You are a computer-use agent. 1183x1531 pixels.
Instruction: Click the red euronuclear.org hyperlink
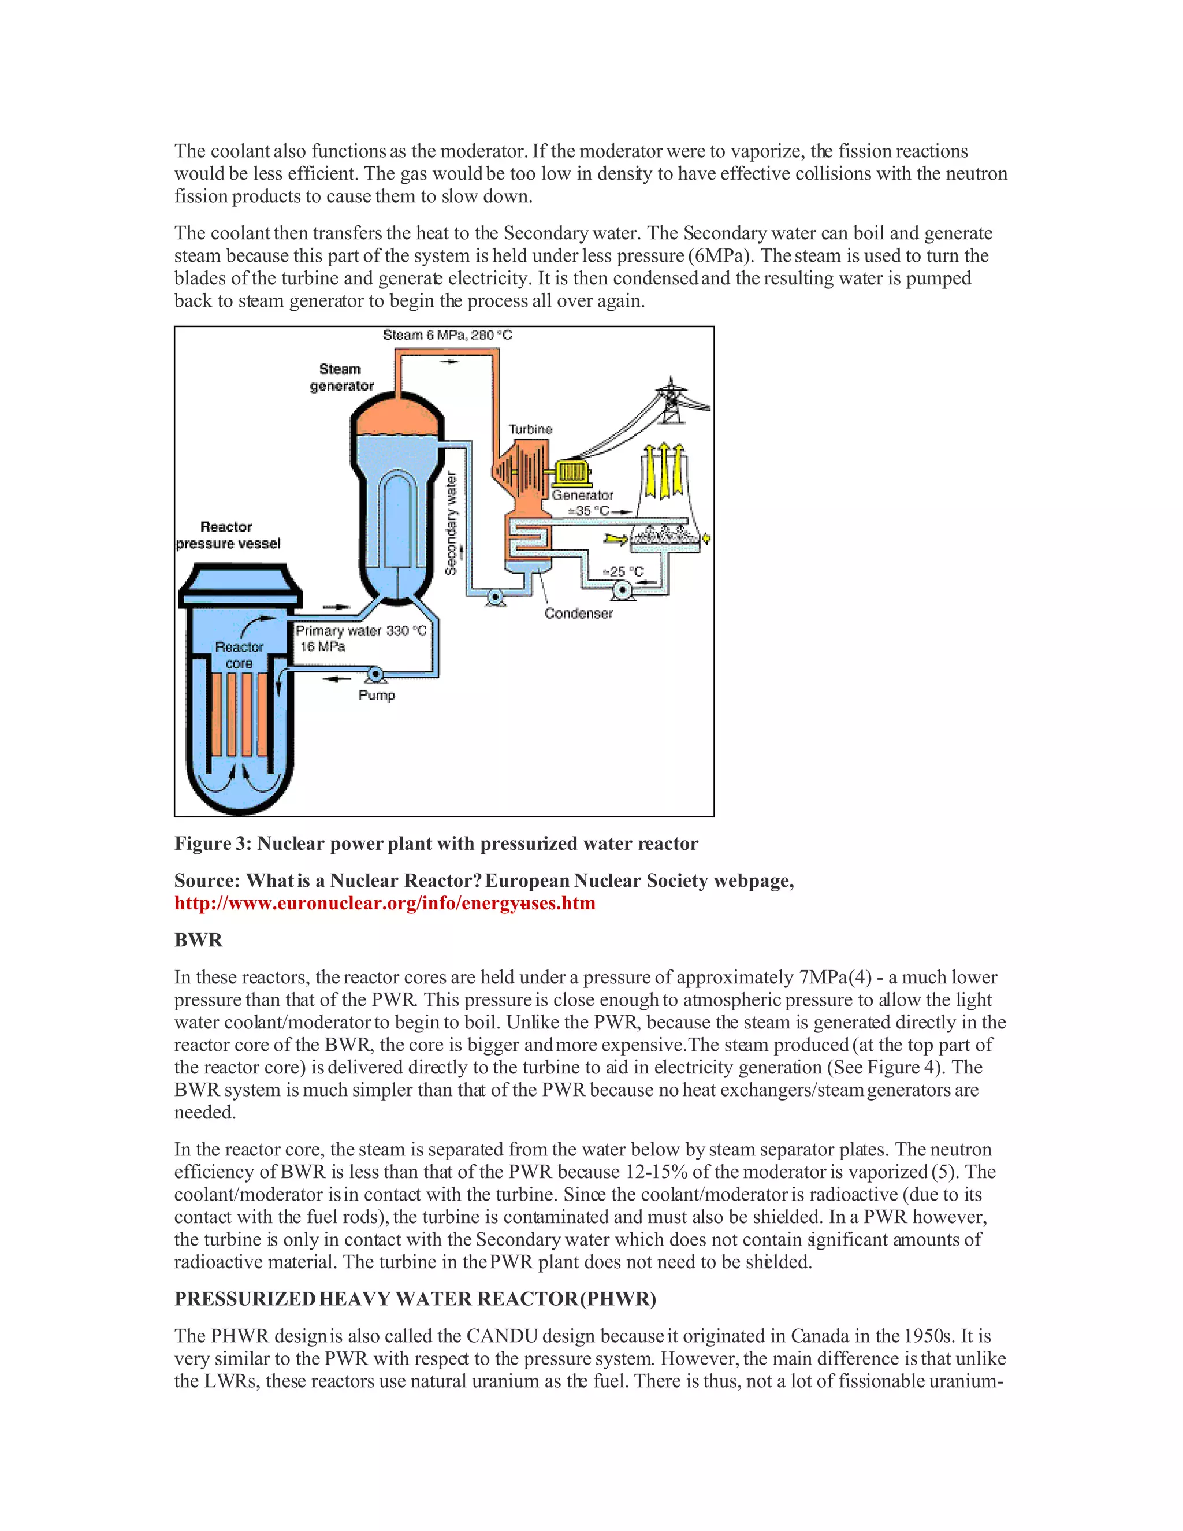click(x=385, y=903)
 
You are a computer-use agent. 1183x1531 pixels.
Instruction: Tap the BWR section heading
click(x=198, y=940)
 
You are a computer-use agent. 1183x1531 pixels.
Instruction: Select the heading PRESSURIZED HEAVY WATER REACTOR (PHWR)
click(x=415, y=1299)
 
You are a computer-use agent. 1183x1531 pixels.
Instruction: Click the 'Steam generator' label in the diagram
click(x=341, y=377)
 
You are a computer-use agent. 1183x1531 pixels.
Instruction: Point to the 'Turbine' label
click(x=530, y=429)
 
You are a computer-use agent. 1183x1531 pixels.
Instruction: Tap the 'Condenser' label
click(x=578, y=614)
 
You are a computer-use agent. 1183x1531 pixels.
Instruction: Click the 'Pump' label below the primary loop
click(x=377, y=696)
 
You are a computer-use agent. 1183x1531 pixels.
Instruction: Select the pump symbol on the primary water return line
click(x=375, y=674)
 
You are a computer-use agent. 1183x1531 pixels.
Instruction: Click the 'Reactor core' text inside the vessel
click(x=239, y=655)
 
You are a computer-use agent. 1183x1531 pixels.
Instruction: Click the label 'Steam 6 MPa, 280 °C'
click(x=447, y=335)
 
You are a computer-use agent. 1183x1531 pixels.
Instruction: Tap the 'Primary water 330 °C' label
click(x=360, y=631)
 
